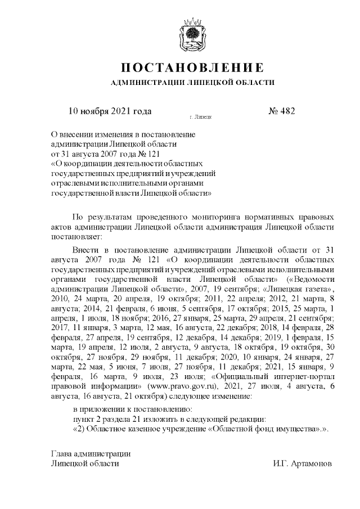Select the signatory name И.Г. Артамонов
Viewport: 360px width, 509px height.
303,464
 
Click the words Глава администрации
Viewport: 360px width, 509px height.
91,453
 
